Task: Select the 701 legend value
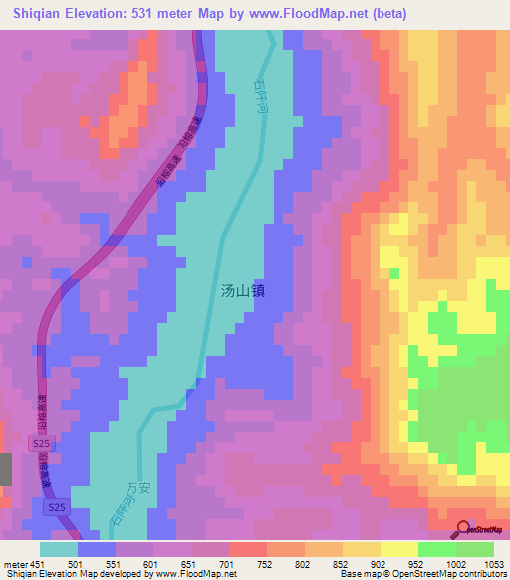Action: tap(228, 563)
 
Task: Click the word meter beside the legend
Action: tap(13, 563)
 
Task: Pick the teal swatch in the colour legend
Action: tap(59, 549)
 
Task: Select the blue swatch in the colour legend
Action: tap(97, 549)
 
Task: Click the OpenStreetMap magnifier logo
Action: tap(463, 529)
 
